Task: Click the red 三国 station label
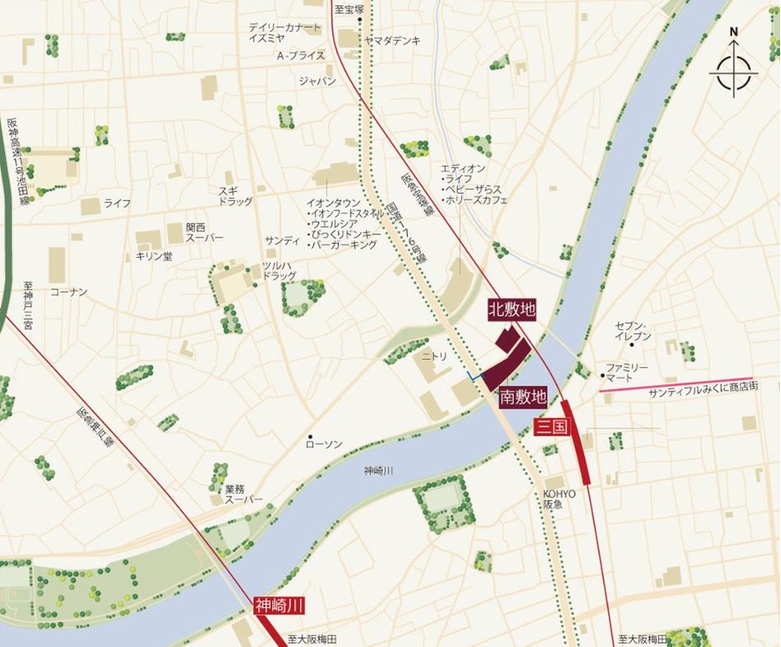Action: [547, 426]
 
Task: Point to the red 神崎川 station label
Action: [279, 606]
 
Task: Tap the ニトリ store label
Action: [433, 358]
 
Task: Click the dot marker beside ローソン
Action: [310, 435]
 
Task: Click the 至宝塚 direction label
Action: [348, 10]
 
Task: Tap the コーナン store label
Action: [68, 292]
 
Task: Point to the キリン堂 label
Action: [154, 256]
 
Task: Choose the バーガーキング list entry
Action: [344, 245]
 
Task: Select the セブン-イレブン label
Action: [633, 331]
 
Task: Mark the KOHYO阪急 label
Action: [559, 499]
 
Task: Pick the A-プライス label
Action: [301, 55]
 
